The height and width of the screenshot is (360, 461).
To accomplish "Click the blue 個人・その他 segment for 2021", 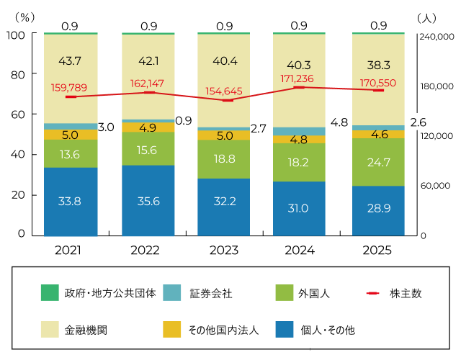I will point(70,201).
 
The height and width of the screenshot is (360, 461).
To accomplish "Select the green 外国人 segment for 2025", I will point(378,162).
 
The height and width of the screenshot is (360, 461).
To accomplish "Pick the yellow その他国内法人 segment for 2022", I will point(148,127).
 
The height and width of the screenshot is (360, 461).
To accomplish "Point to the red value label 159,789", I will point(70,88).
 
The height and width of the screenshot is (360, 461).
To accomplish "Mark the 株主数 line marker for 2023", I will point(224,100).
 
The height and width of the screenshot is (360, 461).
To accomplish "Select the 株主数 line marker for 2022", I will point(148,92).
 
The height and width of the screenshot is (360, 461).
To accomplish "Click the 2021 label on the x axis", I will point(70,250).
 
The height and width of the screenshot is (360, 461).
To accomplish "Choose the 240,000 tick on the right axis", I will point(437,36).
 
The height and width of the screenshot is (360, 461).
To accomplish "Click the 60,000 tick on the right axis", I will point(434,186).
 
